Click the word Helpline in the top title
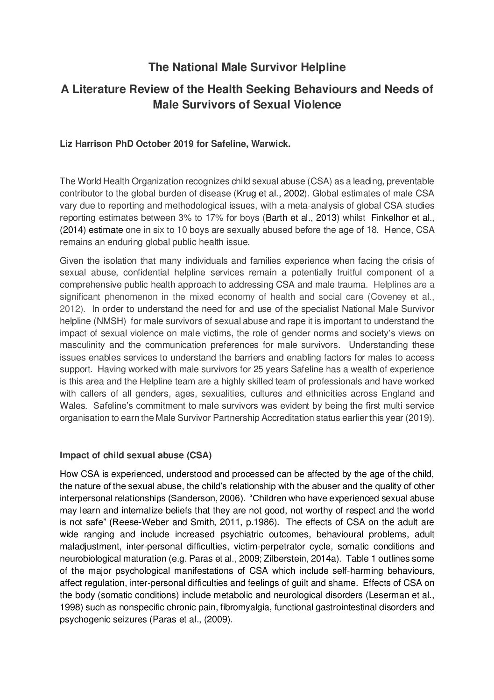click(x=322, y=67)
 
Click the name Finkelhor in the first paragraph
click(x=390, y=217)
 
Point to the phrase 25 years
click(x=255, y=369)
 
